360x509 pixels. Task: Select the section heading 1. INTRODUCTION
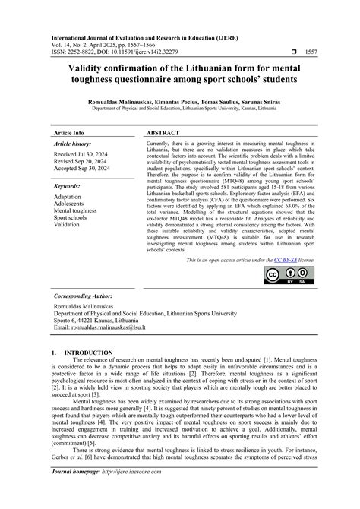pyautogui.click(x=78, y=353)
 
